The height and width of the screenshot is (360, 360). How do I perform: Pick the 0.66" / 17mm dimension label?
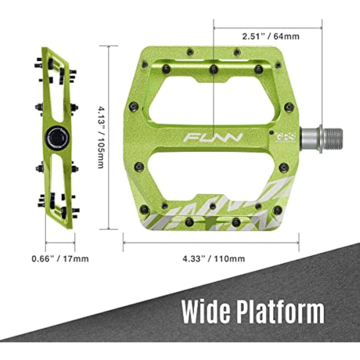pyautogui.click(x=60, y=259)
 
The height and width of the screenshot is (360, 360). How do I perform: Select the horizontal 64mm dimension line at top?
pyautogui.click(x=268, y=26)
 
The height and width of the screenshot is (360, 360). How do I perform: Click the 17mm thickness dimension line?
pyautogui.click(x=60, y=242)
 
